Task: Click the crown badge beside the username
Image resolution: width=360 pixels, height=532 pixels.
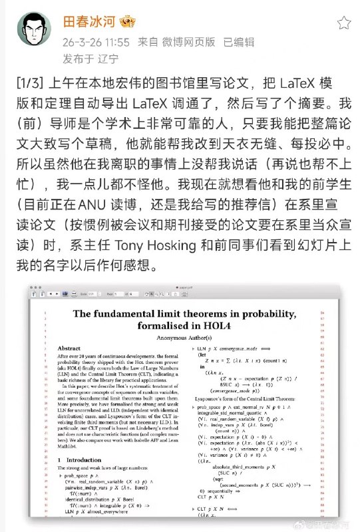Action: click(x=128, y=22)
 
